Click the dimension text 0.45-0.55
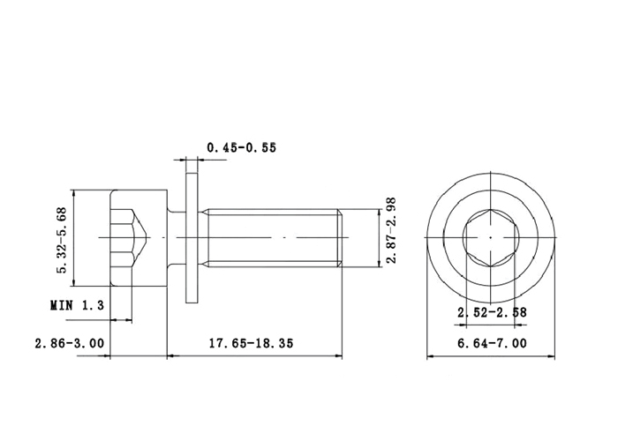242,147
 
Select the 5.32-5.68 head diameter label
63,240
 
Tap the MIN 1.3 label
78,305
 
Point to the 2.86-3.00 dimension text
70,343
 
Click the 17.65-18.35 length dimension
251,343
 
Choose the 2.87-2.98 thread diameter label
390,231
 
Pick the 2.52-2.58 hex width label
492,312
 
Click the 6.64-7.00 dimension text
492,343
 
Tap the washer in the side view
192,238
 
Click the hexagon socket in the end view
490,238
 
